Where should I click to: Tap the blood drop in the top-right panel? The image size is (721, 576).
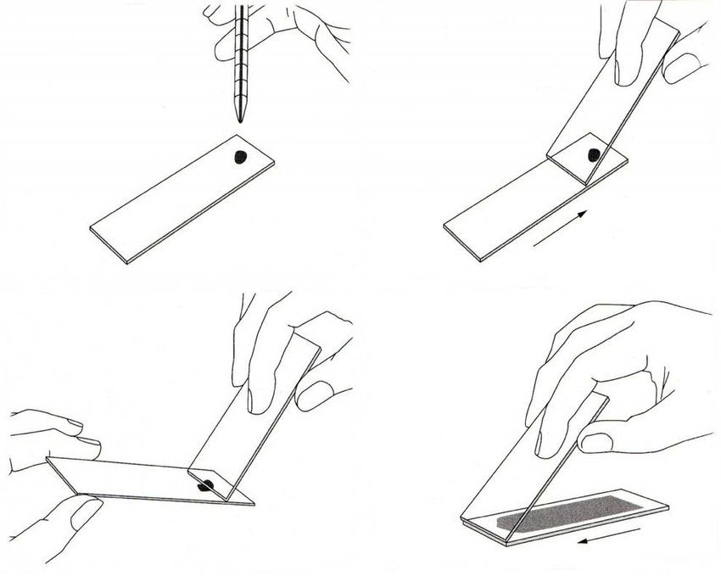(x=595, y=154)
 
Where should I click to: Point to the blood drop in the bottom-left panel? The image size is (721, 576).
(x=205, y=486)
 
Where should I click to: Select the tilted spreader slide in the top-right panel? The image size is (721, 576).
(x=611, y=110)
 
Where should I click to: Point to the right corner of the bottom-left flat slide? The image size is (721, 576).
(x=252, y=503)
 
